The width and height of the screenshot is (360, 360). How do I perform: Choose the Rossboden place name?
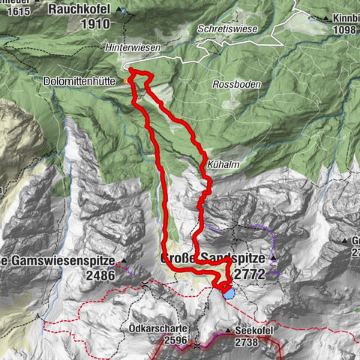pyautogui.click(x=235, y=85)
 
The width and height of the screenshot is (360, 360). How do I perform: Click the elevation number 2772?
pyautogui.click(x=250, y=274)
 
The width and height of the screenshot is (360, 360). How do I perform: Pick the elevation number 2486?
pyautogui.click(x=101, y=274)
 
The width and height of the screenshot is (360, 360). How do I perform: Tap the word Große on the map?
pyautogui.click(x=178, y=259)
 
